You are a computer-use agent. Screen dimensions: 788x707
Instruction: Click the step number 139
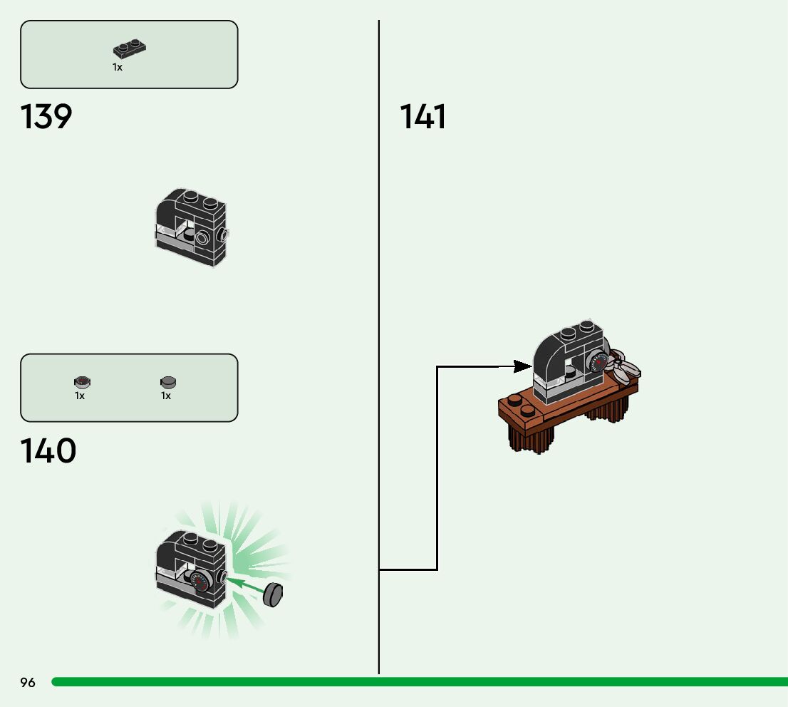tap(46, 117)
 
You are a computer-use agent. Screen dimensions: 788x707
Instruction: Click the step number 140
tap(48, 451)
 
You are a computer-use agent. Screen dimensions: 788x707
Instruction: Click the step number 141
tap(423, 117)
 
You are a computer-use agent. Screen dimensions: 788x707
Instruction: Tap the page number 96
tap(28, 683)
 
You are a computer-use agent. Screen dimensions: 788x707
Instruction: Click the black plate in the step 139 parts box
tap(130, 49)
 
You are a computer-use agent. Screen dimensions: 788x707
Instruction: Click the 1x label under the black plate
tap(118, 67)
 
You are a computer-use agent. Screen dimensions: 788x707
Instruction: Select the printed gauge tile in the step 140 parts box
tap(81, 383)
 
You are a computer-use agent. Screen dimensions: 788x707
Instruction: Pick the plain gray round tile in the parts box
tap(168, 383)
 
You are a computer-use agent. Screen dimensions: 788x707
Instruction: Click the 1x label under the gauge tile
tap(80, 396)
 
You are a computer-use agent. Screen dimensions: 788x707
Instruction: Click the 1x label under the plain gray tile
tap(166, 396)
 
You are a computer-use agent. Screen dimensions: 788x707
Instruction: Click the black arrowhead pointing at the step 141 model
tap(523, 366)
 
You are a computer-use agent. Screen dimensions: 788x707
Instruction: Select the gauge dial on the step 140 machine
tap(202, 582)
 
